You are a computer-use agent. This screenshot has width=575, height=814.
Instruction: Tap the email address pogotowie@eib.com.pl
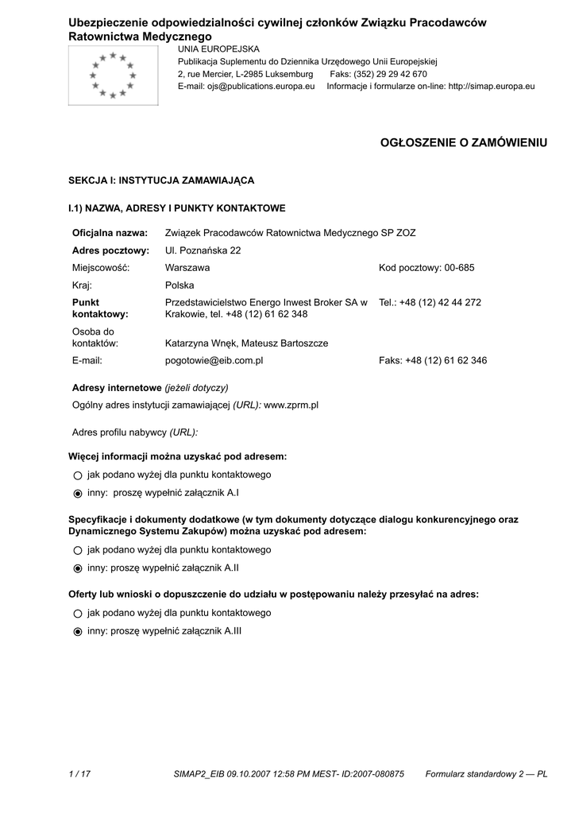pos(214,360)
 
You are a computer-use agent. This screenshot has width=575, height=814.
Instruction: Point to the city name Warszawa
pos(187,268)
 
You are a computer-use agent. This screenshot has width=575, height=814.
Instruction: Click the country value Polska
pos(179,285)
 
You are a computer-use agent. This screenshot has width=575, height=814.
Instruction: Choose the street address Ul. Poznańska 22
pos(203,250)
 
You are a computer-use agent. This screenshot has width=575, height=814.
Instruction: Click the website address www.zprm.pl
pos(291,405)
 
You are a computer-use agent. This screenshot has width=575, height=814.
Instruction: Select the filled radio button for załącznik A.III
pos(77,631)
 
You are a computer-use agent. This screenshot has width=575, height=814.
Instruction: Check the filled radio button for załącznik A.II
pos(77,568)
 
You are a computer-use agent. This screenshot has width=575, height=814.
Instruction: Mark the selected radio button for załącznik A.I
pos(77,493)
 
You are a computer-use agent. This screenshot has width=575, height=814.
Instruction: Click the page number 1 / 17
pos(79,773)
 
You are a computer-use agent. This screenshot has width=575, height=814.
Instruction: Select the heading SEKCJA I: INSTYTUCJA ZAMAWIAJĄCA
pos(161,180)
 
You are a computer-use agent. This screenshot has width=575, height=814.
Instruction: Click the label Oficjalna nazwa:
pos(110,233)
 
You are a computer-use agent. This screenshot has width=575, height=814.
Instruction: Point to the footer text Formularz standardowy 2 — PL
pos(486,773)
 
